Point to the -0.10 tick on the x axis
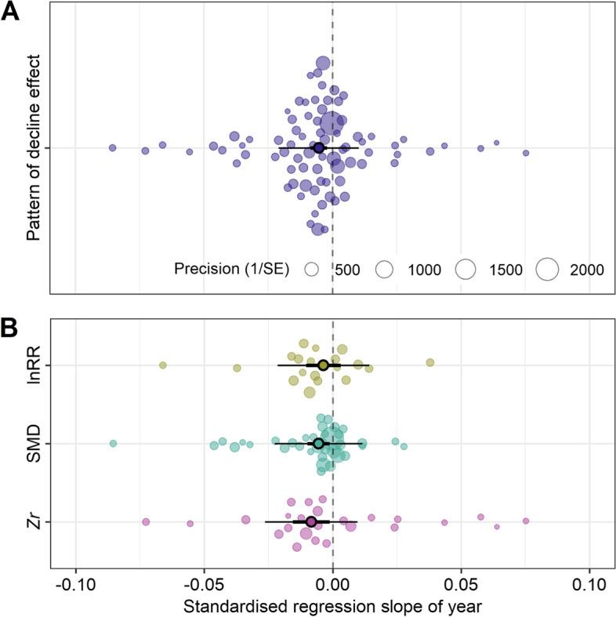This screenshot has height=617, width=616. click(x=75, y=585)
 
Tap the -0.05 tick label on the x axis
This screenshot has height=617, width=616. click(x=204, y=585)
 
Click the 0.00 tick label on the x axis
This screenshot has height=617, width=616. click(x=333, y=585)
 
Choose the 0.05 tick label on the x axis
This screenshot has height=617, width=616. click(x=461, y=585)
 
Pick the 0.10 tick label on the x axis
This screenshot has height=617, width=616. click(x=589, y=585)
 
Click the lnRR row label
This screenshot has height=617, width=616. click(x=34, y=365)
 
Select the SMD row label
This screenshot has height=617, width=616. click(x=34, y=444)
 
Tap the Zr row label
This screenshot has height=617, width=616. click(x=34, y=521)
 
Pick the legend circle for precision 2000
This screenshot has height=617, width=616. click(x=547, y=269)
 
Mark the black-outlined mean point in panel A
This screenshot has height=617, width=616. click(x=318, y=147)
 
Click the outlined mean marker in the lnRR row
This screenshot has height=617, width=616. click(x=323, y=365)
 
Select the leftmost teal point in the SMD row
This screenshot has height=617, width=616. click(x=113, y=444)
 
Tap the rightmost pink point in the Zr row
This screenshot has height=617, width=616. click(x=526, y=521)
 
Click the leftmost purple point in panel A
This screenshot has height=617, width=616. click(x=112, y=147)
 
